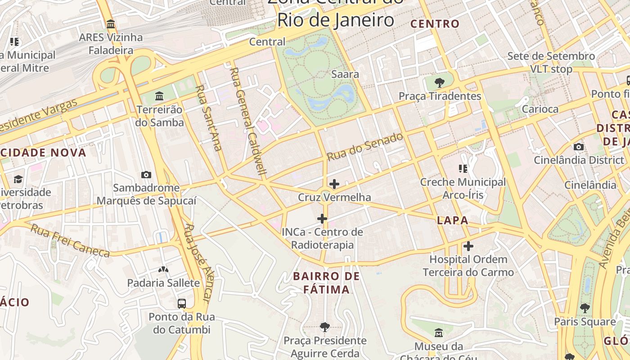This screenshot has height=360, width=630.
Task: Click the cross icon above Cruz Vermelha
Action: point(334,184)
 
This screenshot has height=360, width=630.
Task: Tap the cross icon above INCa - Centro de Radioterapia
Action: point(322,219)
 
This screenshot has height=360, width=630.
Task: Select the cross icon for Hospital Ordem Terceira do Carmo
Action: point(468,246)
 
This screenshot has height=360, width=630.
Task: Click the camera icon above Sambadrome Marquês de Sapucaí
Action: point(146,175)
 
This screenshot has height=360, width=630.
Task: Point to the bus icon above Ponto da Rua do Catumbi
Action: point(182,303)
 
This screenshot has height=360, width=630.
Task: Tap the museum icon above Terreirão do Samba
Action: point(159,96)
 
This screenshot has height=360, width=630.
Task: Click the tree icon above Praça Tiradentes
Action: point(440,83)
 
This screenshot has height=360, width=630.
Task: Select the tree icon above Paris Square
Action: point(585,308)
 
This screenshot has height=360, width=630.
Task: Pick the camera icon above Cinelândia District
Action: point(579,147)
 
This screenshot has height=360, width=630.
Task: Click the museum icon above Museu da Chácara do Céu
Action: point(439,333)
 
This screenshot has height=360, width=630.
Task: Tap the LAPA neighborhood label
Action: point(453,220)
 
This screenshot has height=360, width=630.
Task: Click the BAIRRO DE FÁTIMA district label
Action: point(326,283)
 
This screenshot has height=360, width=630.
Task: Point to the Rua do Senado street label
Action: point(365,147)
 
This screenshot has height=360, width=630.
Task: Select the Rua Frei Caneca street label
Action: point(70,241)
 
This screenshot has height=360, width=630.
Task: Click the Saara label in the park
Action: point(345,74)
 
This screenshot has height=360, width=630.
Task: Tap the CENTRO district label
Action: point(435,24)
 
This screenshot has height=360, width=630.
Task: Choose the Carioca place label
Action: point(540,109)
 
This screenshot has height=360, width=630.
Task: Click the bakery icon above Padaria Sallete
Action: point(163,270)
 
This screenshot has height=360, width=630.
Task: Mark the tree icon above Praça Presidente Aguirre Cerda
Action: point(325,327)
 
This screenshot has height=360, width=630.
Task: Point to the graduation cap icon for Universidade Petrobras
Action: point(18,179)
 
